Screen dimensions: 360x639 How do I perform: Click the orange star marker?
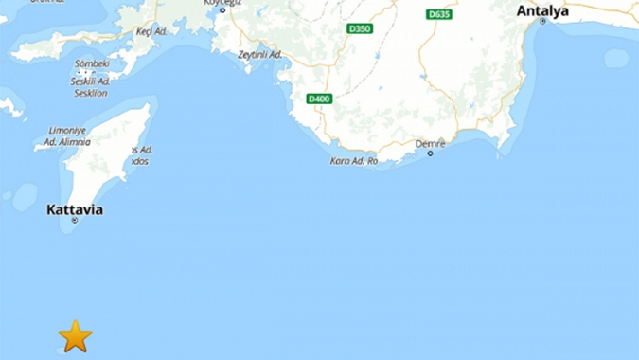click(x=75, y=335)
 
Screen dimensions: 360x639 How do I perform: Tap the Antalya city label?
click(x=542, y=10)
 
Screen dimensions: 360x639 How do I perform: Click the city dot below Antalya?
click(x=542, y=22)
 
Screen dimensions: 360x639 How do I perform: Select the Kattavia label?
click(x=75, y=209)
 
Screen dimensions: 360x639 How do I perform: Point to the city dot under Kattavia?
click(x=75, y=221)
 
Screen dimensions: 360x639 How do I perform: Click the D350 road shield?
click(x=359, y=28)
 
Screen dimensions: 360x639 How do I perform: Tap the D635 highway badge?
click(x=439, y=14)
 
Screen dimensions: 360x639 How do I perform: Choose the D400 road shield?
click(x=319, y=99)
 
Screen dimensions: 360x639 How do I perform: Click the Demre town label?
click(x=430, y=143)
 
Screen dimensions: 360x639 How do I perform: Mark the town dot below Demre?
click(x=430, y=153)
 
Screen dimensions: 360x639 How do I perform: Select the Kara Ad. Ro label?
click(x=354, y=161)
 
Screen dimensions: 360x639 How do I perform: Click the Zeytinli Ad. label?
click(x=260, y=54)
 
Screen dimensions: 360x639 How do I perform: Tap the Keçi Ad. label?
click(x=151, y=31)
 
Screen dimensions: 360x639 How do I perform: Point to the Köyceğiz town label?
click(x=222, y=3)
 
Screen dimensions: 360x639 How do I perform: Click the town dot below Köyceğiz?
click(x=222, y=10)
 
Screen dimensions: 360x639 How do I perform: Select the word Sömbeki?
click(x=92, y=63)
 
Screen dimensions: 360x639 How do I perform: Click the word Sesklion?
click(x=90, y=93)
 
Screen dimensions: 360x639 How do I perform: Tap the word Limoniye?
click(x=67, y=130)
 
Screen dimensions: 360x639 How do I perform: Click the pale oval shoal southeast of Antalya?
click(x=616, y=58)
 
